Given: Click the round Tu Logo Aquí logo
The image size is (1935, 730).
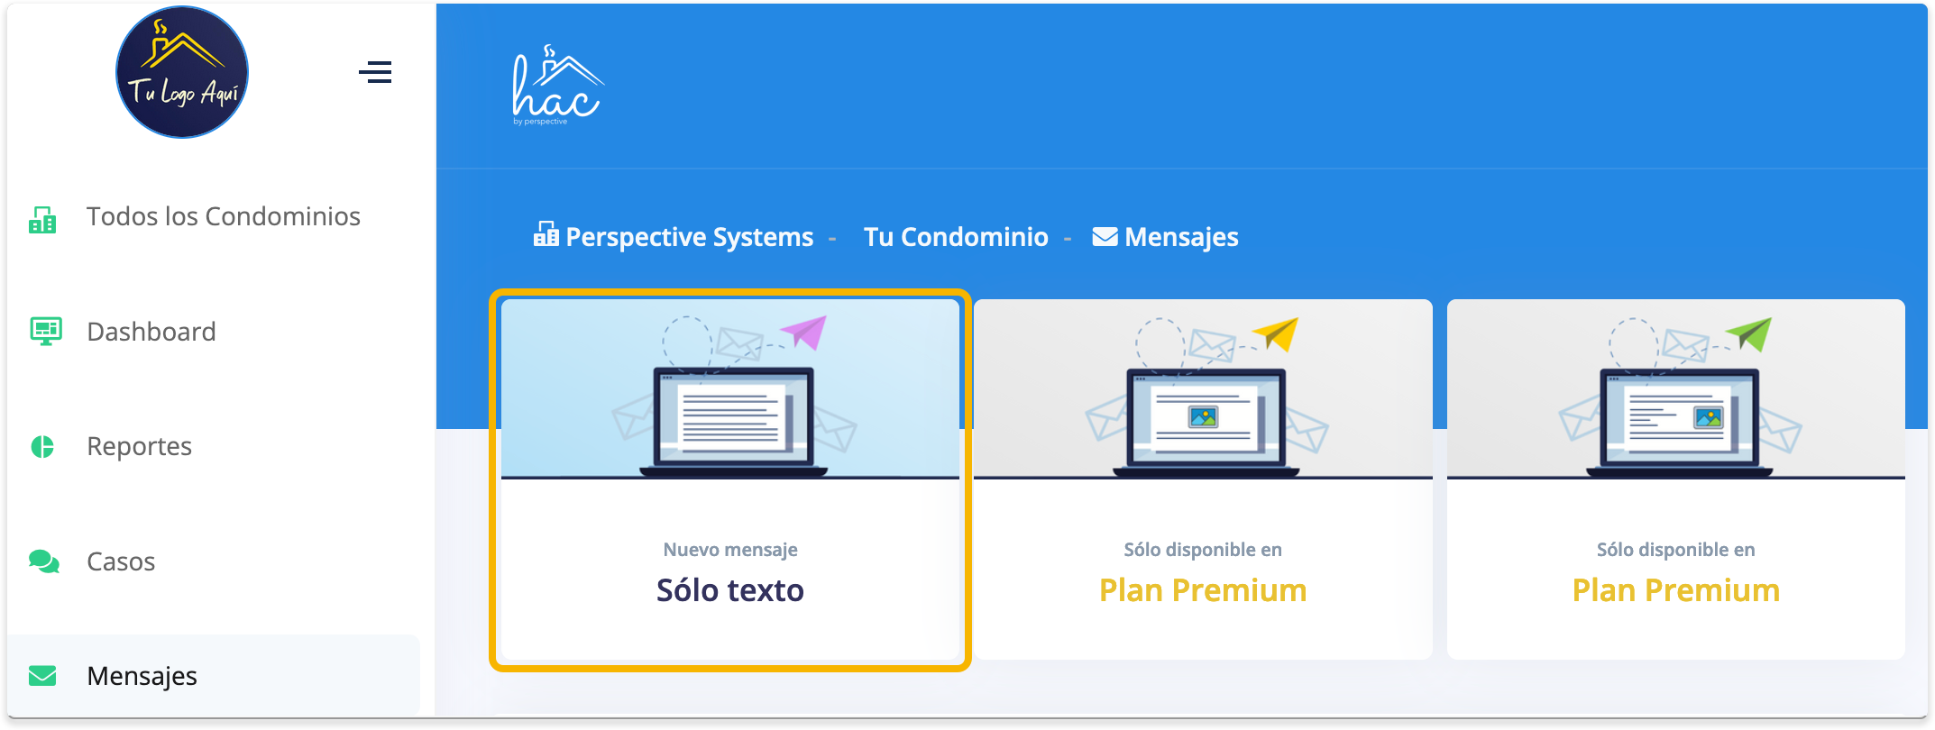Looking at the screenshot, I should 182,72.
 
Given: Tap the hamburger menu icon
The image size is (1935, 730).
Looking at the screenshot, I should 375,72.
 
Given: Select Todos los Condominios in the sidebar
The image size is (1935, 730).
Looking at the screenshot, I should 223,216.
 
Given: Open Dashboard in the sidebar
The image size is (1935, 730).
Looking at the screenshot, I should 151,332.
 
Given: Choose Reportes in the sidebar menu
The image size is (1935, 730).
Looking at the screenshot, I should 139,446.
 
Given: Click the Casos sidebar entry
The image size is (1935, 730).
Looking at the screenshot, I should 121,561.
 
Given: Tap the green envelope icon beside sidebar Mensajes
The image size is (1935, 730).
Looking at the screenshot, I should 42,676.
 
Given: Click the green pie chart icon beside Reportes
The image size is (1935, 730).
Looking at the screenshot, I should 42,446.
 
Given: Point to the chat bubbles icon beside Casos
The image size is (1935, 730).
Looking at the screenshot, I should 43,561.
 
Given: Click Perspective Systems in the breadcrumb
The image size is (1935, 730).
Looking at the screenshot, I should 689,237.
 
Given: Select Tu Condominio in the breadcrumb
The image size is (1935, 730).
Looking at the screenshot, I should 956,237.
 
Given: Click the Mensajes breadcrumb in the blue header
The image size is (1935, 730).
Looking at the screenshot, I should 1180,237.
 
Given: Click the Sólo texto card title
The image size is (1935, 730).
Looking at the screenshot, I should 729,590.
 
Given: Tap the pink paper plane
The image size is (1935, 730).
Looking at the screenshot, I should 805,332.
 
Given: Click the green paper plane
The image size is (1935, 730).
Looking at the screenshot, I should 1751,333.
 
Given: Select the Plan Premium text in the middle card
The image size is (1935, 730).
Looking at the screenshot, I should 1202,590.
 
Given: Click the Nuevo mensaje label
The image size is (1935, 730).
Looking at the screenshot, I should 729,550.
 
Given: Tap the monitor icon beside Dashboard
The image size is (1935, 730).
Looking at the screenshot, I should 45,332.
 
